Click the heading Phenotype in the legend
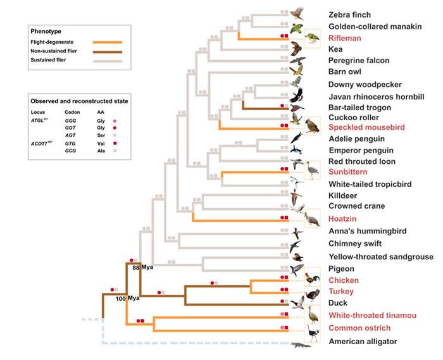point(49,30)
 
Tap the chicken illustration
point(311,279)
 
